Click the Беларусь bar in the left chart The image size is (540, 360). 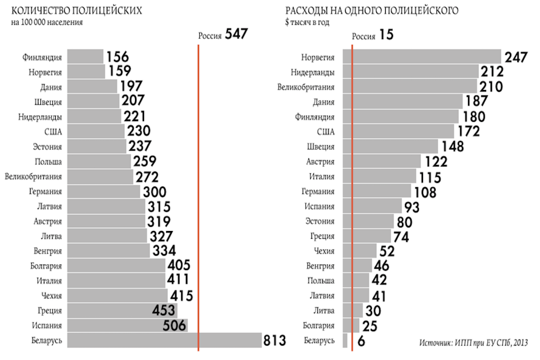[164, 340]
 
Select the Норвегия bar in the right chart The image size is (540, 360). [422, 56]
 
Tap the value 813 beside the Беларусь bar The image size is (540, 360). [275, 340]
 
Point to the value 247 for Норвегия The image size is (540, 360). [516, 57]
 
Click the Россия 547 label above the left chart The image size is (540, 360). [223, 34]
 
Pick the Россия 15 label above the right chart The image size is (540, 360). [372, 35]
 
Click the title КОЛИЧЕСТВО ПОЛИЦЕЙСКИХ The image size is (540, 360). [76, 11]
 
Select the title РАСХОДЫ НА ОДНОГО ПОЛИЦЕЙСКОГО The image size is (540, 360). [371, 11]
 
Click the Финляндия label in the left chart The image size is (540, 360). [42, 57]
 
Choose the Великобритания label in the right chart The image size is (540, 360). [306, 87]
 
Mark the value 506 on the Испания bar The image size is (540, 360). [174, 325]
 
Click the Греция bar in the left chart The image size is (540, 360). [122, 310]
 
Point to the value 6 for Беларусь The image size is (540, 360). [361, 341]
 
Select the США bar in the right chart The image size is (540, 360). [398, 131]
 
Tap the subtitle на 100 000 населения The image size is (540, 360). [47, 22]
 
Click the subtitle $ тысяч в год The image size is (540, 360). [307, 22]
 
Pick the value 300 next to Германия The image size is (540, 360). [155, 192]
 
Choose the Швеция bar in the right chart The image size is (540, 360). [390, 146]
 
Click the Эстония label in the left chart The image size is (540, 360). [47, 146]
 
